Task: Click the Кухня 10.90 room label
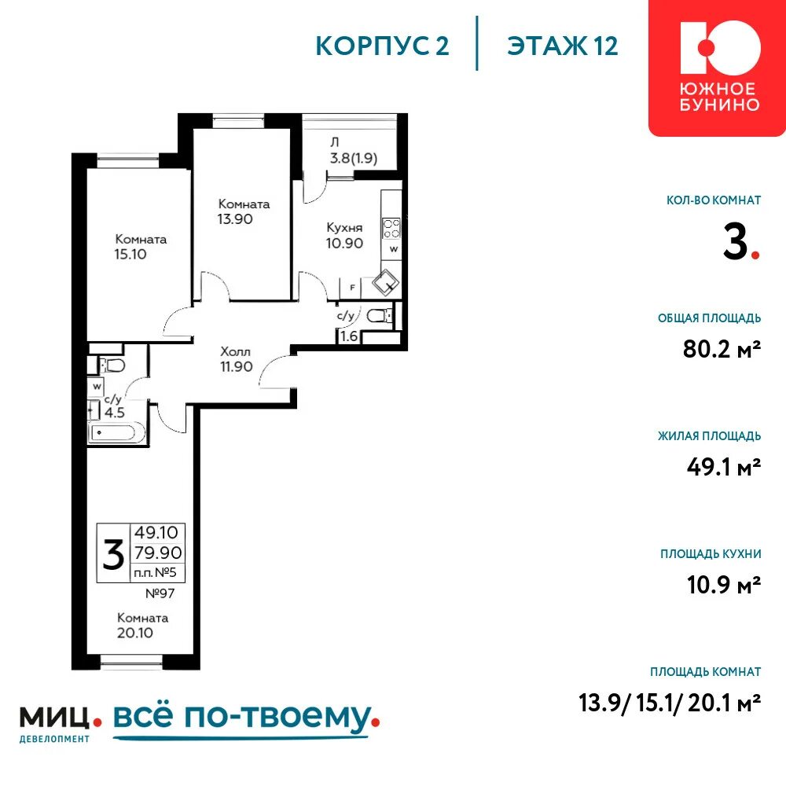coord(344,236)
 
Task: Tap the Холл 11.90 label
coord(236,359)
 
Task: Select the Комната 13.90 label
coord(244,211)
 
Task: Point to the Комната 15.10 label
coord(141,247)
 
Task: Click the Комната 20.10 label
coord(142,625)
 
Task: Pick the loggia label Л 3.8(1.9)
coord(354,151)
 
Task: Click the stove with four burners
coord(391,228)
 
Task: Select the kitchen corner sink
coord(385,283)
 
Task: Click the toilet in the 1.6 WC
coord(380,315)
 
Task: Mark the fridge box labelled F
coord(352,288)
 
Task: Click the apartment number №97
coord(160,593)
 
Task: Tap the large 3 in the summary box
coord(113,554)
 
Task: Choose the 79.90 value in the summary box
coord(158,553)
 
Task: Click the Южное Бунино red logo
coord(718,68)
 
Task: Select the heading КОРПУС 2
coord(383,46)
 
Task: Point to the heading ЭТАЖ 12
coord(563,46)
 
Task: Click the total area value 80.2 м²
coord(722,348)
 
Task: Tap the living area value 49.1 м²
coord(724,467)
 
